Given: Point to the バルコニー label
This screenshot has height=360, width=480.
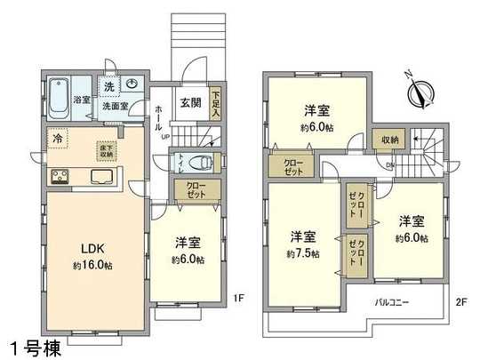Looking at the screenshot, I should click(390, 302).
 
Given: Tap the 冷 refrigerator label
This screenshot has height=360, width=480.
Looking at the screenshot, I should click(58, 139).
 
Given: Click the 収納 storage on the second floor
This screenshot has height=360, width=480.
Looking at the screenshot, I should click(389, 140).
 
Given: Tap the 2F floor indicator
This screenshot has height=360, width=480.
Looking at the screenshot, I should click(460, 302).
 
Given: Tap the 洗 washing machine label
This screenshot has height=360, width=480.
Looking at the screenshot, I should click(108, 86).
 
